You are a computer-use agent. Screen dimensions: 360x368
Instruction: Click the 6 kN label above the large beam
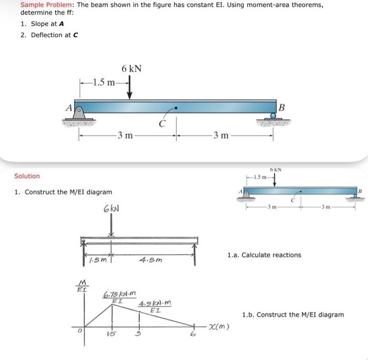131,69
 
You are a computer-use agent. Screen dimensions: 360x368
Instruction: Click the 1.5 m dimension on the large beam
103,82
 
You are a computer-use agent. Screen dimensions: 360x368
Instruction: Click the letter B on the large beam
282,108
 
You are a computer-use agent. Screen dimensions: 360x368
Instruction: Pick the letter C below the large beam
163,125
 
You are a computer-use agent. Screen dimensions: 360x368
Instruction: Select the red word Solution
27,176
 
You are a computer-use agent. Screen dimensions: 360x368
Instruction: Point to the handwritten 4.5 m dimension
152,260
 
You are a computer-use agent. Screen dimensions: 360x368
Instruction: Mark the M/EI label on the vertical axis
81,285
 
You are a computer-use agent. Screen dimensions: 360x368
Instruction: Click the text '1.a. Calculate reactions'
264,255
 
